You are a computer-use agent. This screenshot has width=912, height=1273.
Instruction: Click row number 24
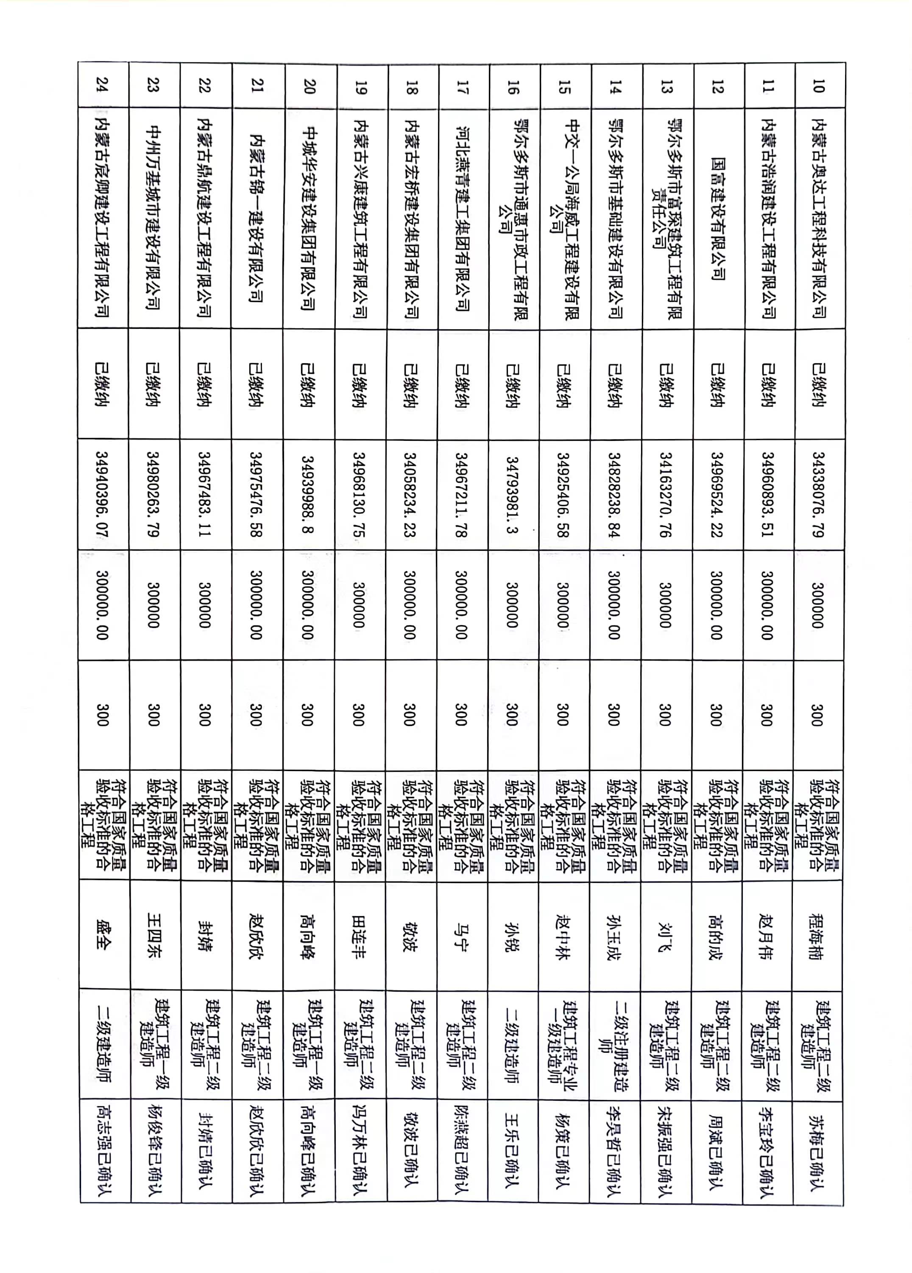click(x=103, y=85)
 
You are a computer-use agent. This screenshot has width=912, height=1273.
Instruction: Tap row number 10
click(x=818, y=86)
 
